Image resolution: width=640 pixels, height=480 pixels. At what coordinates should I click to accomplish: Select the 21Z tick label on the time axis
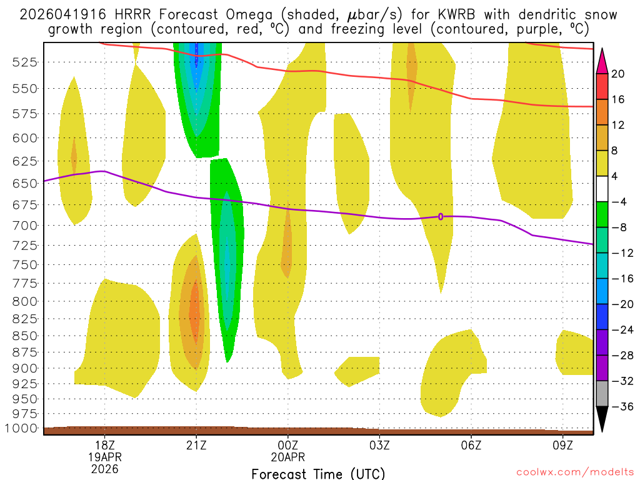[x=196, y=446]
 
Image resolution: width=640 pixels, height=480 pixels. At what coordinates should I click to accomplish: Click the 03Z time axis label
[x=379, y=446]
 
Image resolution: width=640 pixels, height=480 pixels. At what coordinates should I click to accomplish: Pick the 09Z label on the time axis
[x=562, y=446]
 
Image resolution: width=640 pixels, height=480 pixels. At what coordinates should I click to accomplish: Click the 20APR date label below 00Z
[x=287, y=457]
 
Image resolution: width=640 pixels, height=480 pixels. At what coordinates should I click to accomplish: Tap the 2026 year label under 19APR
[x=104, y=468]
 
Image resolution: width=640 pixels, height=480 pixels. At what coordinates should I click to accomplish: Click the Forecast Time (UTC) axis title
[x=318, y=473]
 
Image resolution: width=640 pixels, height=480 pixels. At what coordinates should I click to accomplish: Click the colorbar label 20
[x=618, y=74]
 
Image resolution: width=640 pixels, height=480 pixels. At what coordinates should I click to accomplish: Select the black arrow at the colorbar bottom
[x=602, y=419]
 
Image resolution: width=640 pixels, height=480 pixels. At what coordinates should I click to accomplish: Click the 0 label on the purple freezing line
[x=441, y=216]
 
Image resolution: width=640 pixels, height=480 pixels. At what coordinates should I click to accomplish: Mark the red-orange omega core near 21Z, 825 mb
[x=195, y=312]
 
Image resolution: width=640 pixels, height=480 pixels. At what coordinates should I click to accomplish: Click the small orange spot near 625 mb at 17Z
[x=74, y=156]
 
